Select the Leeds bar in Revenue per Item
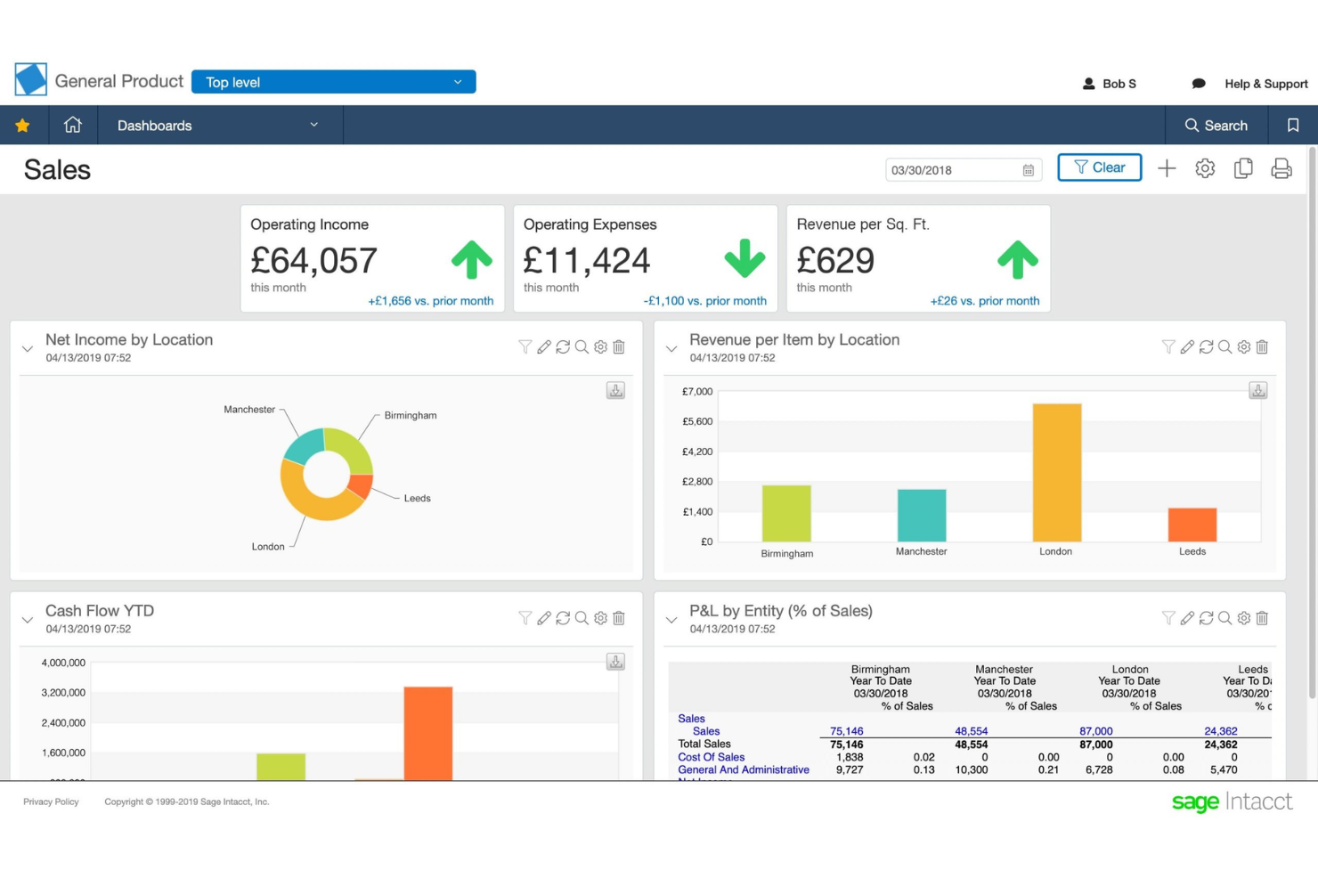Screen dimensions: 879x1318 coord(1192,525)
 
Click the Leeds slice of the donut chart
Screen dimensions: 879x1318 coord(360,486)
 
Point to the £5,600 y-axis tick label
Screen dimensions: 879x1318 coord(697,421)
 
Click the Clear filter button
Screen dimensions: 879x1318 coord(1099,167)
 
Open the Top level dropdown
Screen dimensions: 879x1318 coord(333,82)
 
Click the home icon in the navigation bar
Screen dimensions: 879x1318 coord(73,126)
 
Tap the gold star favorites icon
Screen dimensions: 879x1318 coord(22,126)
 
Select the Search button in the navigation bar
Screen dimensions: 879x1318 coord(1216,126)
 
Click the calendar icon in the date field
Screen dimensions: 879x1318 coord(1028,170)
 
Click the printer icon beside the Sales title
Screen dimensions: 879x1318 coord(1281,168)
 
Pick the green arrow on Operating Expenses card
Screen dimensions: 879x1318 coord(744,258)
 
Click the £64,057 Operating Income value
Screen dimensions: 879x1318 coord(313,261)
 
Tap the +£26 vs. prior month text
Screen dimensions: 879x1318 coord(984,301)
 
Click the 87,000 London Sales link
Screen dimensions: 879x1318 coord(1095,731)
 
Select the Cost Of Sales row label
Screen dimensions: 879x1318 coord(711,757)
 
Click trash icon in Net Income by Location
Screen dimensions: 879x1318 coord(619,346)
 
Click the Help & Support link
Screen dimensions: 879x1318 coord(1265,84)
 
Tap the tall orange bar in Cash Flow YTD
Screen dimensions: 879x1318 coord(427,733)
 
